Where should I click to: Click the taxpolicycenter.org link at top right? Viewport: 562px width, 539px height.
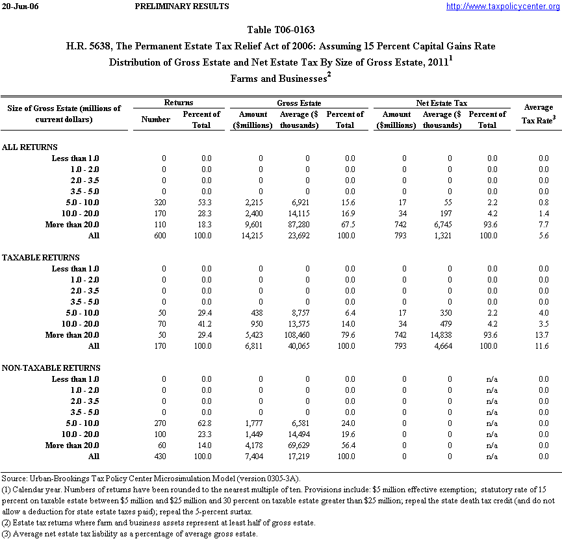tap(502, 6)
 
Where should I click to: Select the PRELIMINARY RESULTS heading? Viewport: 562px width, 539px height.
tap(182, 6)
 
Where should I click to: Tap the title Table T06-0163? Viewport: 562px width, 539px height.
tap(281, 30)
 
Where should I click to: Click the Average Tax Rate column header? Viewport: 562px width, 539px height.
tap(538, 113)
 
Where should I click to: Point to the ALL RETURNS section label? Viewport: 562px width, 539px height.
tap(30, 147)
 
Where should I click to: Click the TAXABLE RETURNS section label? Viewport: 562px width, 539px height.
tap(41, 258)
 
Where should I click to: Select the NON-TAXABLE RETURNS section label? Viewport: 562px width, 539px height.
tap(50, 368)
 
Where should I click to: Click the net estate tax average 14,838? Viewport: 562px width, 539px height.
tap(448, 335)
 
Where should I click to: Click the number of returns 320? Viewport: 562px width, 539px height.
tap(160, 203)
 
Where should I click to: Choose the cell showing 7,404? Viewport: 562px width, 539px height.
tap(260, 457)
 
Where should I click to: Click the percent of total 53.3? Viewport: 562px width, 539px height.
tap(205, 203)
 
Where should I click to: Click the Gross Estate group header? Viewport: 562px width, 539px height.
tap(300, 103)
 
